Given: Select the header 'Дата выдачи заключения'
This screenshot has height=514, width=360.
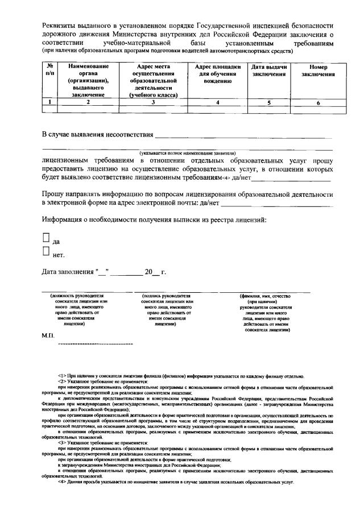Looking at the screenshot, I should pyautogui.click(x=270, y=71).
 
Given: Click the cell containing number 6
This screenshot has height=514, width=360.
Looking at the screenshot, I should pyautogui.click(x=318, y=102).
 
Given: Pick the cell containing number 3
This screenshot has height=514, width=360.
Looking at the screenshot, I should pyautogui.click(x=153, y=102).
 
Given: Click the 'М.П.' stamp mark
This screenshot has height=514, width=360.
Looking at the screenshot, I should pyautogui.click(x=48, y=337).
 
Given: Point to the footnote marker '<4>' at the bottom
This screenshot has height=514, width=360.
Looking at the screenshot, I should pyautogui.click(x=62, y=483).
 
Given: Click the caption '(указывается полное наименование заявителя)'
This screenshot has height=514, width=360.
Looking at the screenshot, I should pyautogui.click(x=188, y=154).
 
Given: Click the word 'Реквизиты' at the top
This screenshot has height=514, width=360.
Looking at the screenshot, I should pyautogui.click(x=61, y=27).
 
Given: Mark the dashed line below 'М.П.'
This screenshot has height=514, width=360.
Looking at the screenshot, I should pyautogui.click(x=96, y=345).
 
